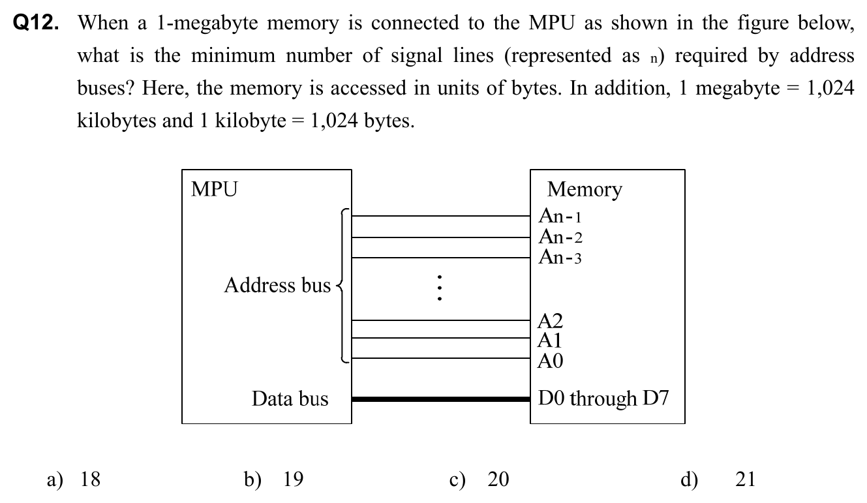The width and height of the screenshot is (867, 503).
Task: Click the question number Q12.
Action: click(x=40, y=23)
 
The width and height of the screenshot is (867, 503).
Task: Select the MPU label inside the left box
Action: click(x=214, y=189)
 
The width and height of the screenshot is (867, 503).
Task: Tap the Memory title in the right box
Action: click(x=584, y=189)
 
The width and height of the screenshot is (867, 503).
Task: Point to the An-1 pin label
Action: click(x=560, y=215)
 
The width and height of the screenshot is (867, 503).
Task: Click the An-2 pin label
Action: click(x=560, y=236)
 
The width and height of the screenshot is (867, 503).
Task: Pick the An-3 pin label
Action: click(x=560, y=257)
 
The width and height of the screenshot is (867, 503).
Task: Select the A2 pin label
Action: click(x=550, y=320)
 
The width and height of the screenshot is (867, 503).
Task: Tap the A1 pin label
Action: click(x=549, y=339)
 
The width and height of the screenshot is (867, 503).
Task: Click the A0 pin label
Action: click(x=550, y=360)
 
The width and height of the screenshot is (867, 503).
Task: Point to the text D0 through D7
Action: click(x=603, y=398)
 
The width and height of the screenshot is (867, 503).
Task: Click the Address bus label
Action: click(x=277, y=285)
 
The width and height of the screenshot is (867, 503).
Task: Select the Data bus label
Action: click(x=290, y=399)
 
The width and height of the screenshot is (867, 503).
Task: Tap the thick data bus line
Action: click(x=440, y=399)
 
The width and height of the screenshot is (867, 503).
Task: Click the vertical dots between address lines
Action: click(x=440, y=287)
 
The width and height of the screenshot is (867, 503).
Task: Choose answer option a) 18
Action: click(x=75, y=480)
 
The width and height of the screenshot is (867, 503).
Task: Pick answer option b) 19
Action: click(x=274, y=480)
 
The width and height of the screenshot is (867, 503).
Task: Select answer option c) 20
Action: click(x=479, y=480)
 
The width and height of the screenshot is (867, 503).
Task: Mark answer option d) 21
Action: click(x=718, y=480)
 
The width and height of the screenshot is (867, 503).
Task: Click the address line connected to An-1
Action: click(x=440, y=215)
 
